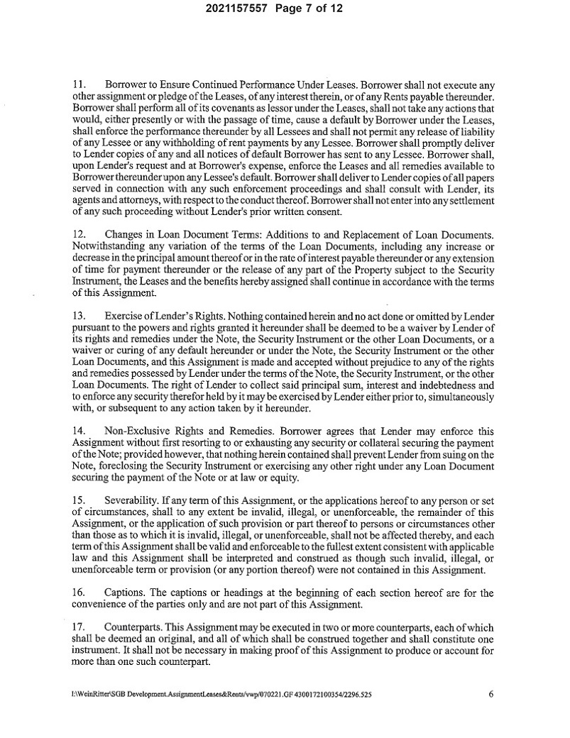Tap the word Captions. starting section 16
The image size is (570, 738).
(125, 592)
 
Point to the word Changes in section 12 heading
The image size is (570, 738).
(124, 234)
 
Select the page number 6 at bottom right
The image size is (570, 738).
(490, 694)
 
